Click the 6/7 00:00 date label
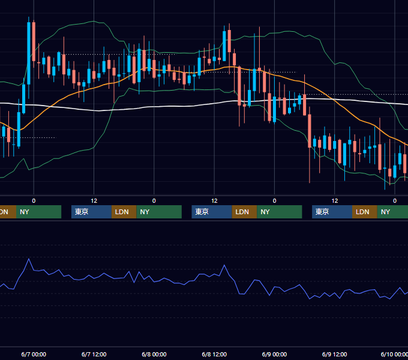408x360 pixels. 34,354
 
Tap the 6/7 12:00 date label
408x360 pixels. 94,354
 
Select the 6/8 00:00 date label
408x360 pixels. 154,354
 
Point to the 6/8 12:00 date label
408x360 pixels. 214,354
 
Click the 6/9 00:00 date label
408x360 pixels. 274,354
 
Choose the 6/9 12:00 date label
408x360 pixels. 335,354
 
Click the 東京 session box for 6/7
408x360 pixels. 92,212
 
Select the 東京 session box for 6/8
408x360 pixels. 212,212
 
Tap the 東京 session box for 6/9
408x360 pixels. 332,212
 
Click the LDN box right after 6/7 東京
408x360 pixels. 124,212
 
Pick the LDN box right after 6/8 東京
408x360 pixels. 244,212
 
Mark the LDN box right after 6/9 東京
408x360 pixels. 365,212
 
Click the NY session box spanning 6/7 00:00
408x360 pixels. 38,212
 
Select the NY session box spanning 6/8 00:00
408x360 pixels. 159,212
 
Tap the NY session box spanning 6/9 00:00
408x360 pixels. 280,212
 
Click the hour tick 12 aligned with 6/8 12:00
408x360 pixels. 214,201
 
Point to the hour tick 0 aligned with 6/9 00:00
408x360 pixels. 274,201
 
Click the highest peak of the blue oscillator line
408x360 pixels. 29,259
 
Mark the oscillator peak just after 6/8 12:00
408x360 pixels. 224,265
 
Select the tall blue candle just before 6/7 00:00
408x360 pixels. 29,53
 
